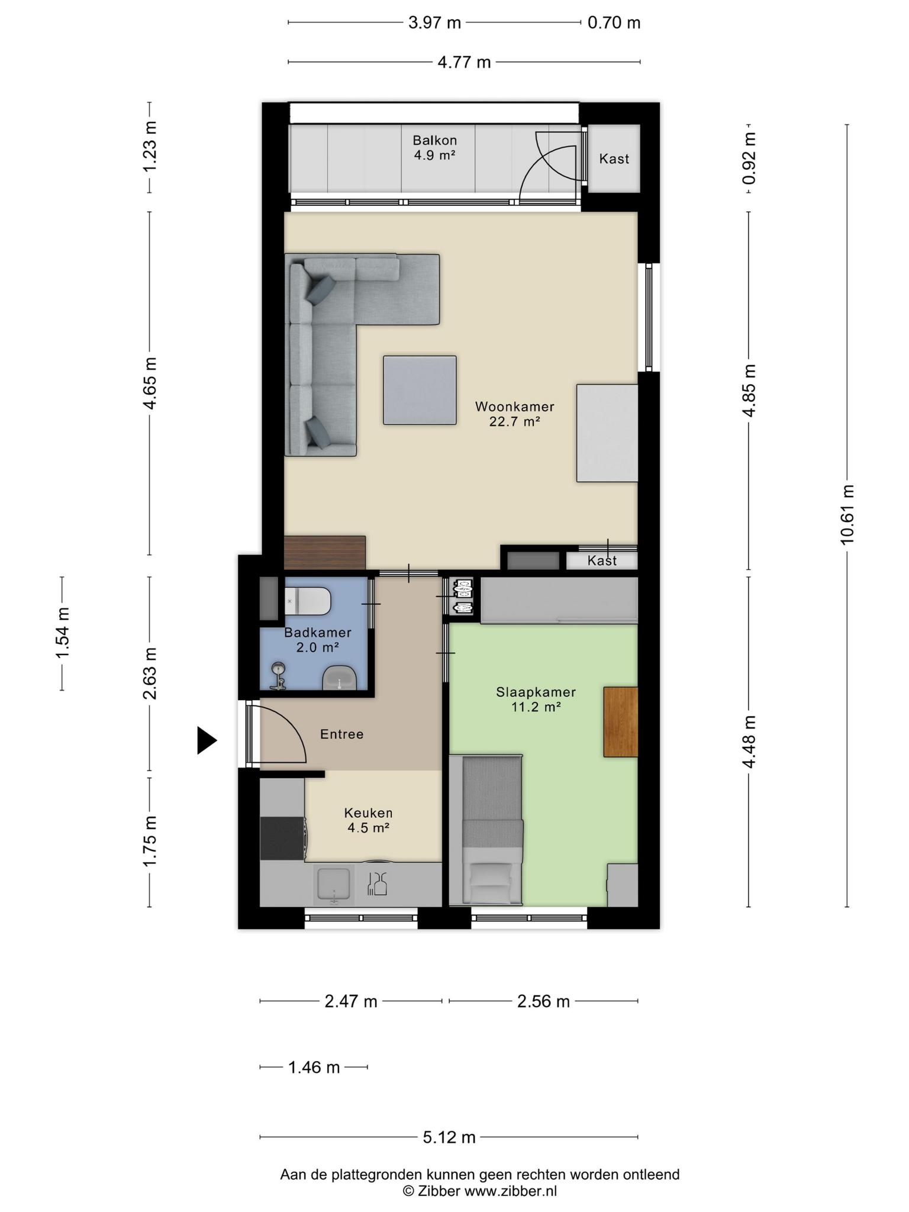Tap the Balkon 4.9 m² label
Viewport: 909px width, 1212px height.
pyautogui.click(x=435, y=148)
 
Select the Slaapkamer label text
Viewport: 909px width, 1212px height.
pyautogui.click(x=536, y=692)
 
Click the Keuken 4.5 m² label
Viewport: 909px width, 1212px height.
pyautogui.click(x=368, y=820)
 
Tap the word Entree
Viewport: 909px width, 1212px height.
pyautogui.click(x=341, y=734)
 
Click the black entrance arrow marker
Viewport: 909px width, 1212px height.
pyautogui.click(x=207, y=740)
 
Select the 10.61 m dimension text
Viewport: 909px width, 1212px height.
pyautogui.click(x=847, y=514)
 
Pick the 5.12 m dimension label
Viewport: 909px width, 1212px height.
pyautogui.click(x=449, y=1137)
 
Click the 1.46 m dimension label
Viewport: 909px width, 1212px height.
pyautogui.click(x=314, y=1067)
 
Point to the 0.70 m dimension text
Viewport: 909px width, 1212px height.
pyautogui.click(x=614, y=23)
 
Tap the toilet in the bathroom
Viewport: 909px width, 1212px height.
pyautogui.click(x=307, y=601)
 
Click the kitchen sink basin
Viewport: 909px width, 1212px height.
pyautogui.click(x=335, y=884)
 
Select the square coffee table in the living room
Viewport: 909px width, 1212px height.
pyautogui.click(x=420, y=390)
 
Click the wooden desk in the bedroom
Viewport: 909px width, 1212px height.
pyautogui.click(x=621, y=721)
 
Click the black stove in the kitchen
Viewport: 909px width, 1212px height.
pyautogui.click(x=283, y=839)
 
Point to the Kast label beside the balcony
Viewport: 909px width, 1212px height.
pyautogui.click(x=614, y=159)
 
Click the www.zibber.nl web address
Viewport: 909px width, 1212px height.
pyautogui.click(x=510, y=1191)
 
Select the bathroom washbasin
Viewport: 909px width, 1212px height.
pyautogui.click(x=339, y=678)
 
